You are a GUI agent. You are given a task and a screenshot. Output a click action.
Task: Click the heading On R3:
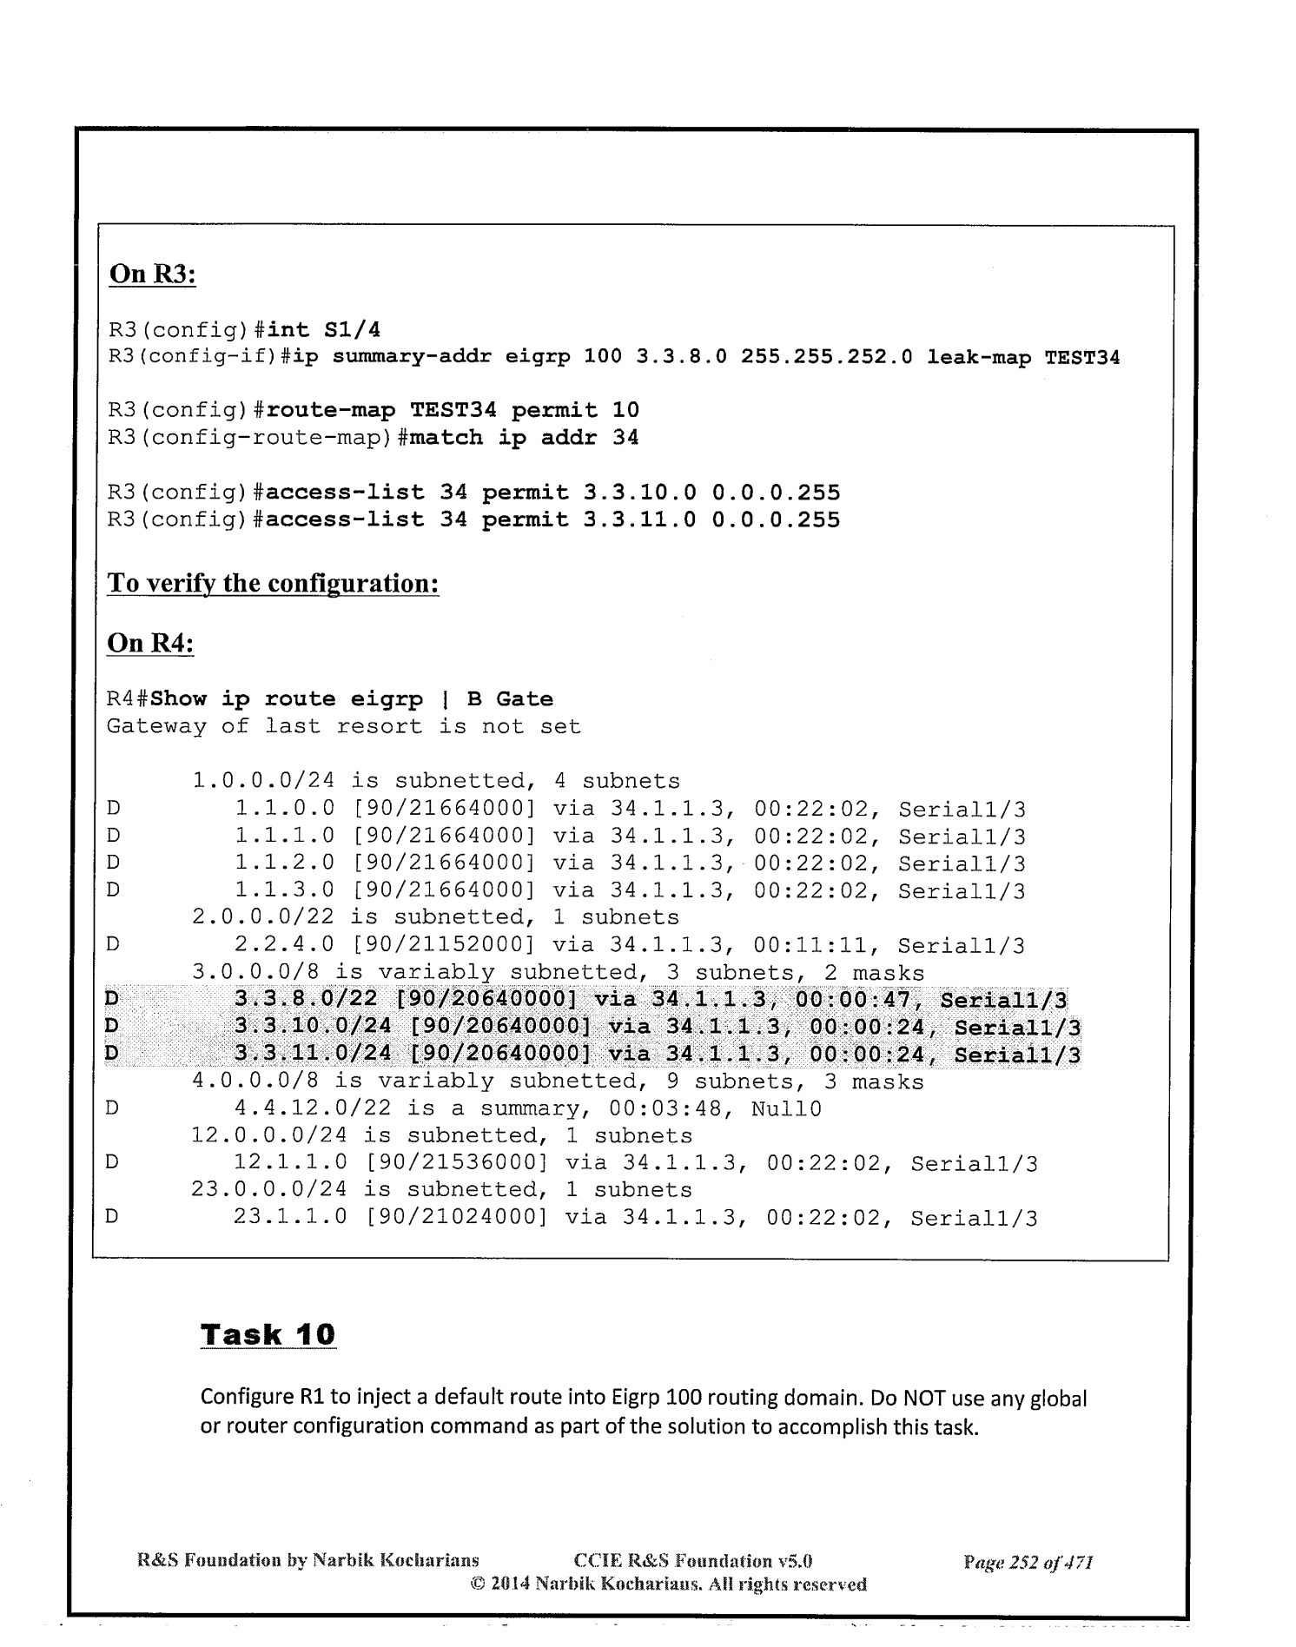(x=152, y=274)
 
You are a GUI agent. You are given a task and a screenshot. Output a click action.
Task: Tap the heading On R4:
(x=150, y=643)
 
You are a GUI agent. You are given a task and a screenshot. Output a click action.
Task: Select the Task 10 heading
(x=268, y=1333)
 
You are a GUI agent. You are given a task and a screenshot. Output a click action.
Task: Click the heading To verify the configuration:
(x=273, y=582)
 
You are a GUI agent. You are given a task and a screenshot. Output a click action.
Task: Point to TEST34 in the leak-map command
(x=1081, y=357)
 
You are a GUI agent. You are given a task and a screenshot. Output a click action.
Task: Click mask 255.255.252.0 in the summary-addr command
(x=826, y=357)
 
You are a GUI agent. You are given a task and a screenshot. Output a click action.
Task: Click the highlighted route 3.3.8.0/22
(x=306, y=1001)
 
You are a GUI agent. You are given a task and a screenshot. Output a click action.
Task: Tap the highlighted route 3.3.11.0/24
(x=313, y=1055)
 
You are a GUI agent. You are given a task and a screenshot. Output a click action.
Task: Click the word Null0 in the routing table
(x=786, y=1109)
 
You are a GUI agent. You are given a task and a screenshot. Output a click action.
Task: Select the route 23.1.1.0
(x=291, y=1218)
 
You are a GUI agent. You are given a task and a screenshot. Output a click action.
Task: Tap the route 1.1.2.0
(x=285, y=864)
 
